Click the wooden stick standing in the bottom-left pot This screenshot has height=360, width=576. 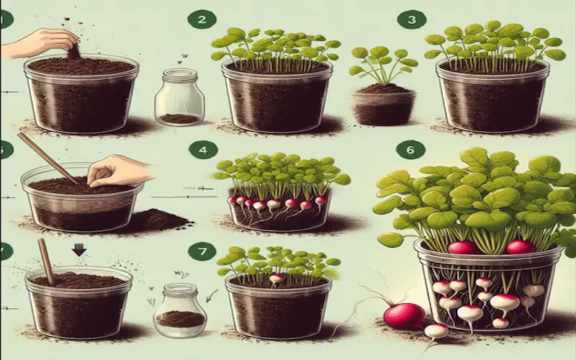point(47,261)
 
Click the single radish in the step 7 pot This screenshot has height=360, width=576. point(276,279)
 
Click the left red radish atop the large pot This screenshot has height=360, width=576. point(463,248)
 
